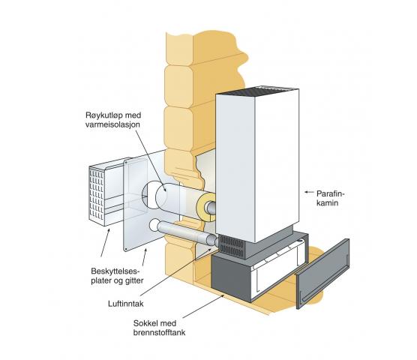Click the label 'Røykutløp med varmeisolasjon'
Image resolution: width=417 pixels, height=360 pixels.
pos(113,120)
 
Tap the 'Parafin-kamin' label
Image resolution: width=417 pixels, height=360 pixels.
pos(330,198)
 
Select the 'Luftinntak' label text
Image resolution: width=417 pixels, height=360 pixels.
pos(126,304)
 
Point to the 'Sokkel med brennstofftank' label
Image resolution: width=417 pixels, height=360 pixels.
pos(159,328)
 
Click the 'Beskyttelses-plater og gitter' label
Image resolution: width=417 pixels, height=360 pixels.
pos(117,276)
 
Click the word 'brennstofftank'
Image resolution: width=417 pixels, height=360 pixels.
pos(159,332)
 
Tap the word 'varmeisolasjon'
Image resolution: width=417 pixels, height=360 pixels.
pos(112,124)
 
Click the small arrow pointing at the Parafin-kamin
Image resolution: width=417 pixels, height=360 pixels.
pos(308,192)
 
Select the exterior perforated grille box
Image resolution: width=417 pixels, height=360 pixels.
pos(105,192)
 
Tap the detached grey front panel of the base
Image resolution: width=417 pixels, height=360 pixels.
pos(322,274)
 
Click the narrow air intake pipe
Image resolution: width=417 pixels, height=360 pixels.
pos(184,232)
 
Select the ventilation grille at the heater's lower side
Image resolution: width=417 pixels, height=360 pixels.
pos(231,246)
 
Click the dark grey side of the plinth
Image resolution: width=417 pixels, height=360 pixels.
pos(231,277)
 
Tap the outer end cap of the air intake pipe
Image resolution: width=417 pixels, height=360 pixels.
pos(154,226)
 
